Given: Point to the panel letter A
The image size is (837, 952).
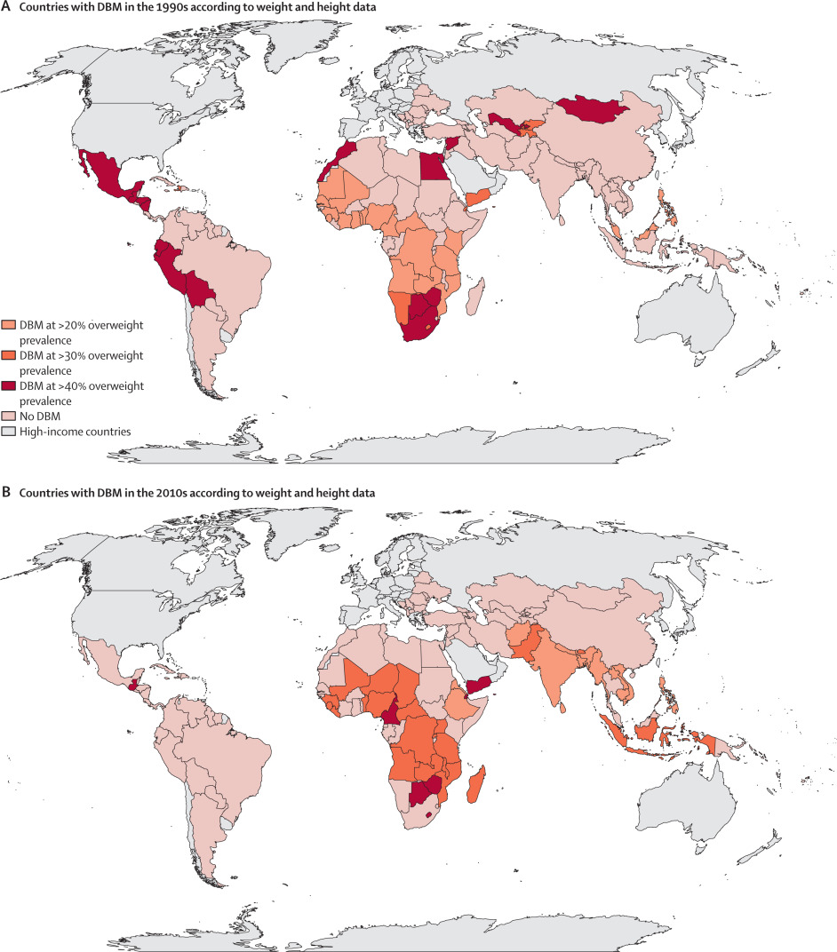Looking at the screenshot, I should click(x=6, y=8).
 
